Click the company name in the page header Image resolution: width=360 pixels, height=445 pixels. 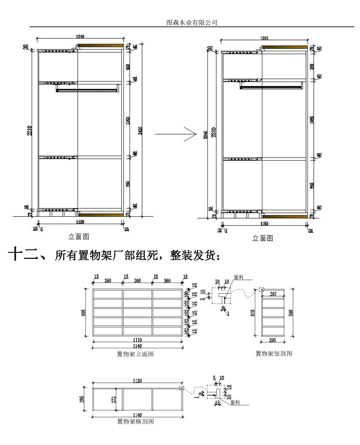click(192, 22)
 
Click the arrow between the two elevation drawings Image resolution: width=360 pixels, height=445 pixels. click(176, 134)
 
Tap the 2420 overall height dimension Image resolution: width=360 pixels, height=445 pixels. click(140, 130)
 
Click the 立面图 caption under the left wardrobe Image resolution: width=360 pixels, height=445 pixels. click(80, 236)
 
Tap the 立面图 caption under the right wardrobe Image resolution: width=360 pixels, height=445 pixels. click(263, 238)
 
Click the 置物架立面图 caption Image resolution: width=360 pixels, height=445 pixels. click(135, 354)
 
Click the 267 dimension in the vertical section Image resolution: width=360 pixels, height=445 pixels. click(273, 294)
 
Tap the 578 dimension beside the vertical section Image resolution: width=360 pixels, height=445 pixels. click(254, 312)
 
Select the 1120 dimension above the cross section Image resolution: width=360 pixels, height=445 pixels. click(137, 381)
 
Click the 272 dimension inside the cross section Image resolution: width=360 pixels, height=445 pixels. click(115, 399)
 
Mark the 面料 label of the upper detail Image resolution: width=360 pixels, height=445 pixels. click(238, 278)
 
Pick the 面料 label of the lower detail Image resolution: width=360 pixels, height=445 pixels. click(234, 404)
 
